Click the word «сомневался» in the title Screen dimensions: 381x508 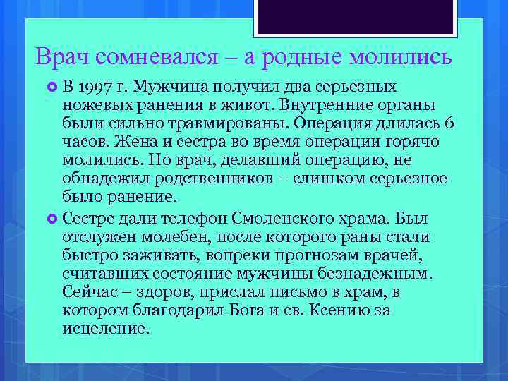[x=148, y=58]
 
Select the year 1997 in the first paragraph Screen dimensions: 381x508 [x=95, y=87]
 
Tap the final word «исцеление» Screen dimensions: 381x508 [x=106, y=328]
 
